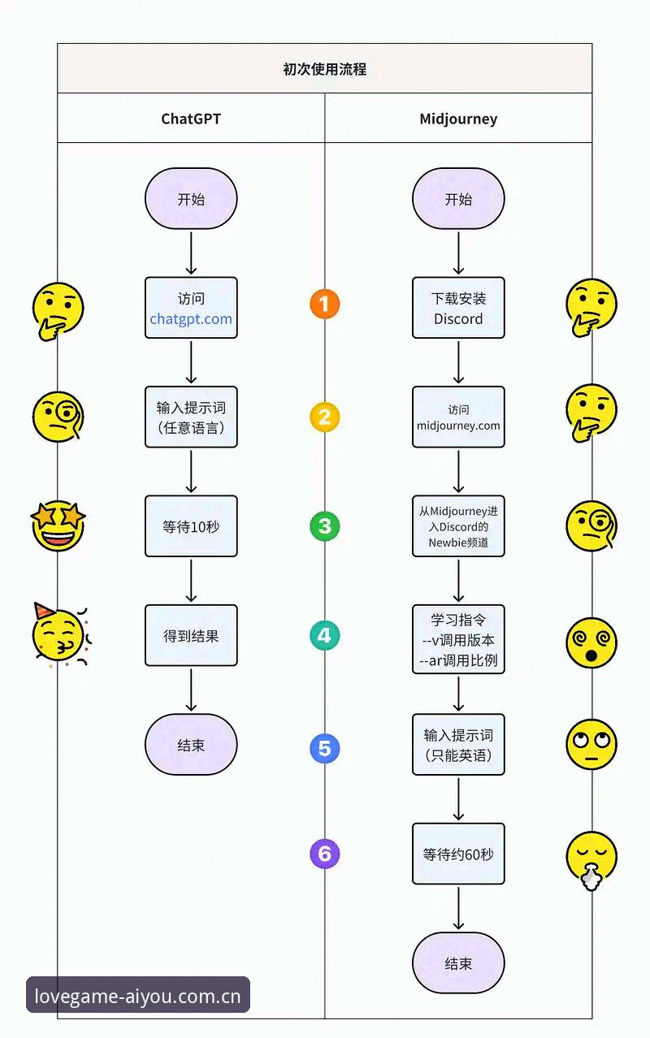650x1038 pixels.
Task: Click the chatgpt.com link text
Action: point(191,319)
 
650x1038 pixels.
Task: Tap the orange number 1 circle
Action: point(324,304)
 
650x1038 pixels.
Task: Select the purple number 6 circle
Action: point(324,854)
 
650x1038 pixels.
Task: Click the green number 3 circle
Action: point(324,526)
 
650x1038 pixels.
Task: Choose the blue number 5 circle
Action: point(324,748)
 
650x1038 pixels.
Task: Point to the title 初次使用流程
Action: point(324,69)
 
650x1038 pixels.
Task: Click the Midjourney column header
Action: point(458,119)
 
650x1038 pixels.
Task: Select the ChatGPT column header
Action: point(191,119)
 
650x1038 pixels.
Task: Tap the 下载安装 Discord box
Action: point(458,308)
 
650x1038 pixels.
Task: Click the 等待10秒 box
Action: point(191,526)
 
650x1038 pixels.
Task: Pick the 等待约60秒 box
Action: point(458,854)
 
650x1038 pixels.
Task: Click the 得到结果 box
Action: point(191,635)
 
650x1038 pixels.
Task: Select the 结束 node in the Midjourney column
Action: point(458,962)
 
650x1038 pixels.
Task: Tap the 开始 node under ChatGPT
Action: point(191,198)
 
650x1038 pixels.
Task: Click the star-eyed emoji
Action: point(58,525)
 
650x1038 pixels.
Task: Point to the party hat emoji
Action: point(60,634)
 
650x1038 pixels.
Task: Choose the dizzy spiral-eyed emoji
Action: point(591,642)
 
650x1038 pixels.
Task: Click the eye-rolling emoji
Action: point(591,744)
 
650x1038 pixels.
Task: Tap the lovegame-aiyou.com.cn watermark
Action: point(137,997)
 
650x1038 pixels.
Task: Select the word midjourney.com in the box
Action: point(458,426)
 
